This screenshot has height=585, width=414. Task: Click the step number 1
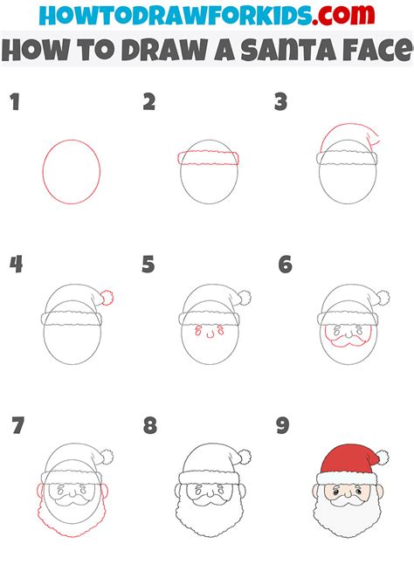[14, 103]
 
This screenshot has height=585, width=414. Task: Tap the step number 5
[148, 265]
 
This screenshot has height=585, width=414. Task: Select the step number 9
[282, 426]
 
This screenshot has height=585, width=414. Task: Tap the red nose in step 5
[209, 334]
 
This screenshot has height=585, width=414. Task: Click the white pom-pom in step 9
[381, 457]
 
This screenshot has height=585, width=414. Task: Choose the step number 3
[281, 103]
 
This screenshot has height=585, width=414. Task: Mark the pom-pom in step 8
[243, 457]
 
